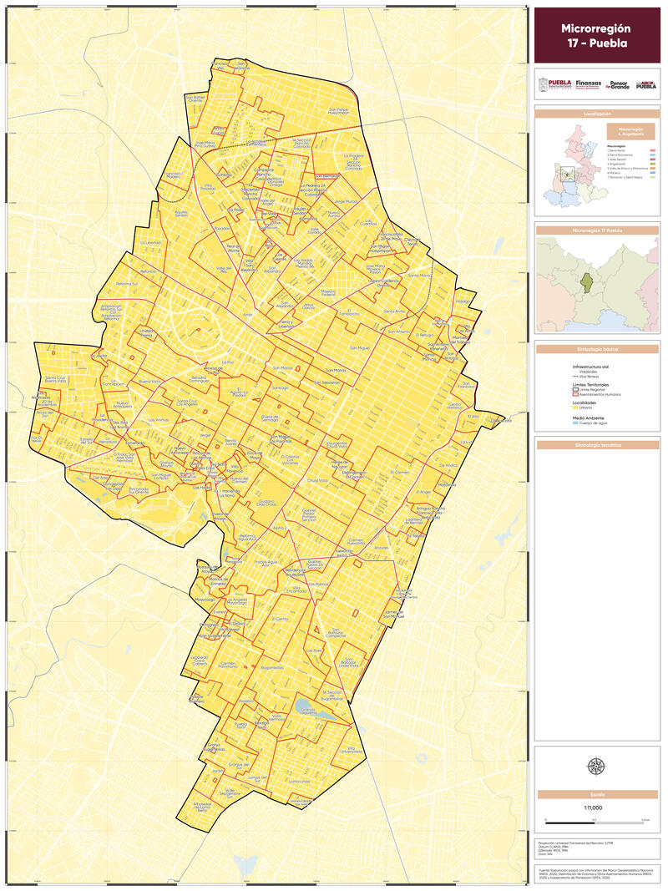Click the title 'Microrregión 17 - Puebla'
click(596, 35)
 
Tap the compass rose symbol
click(596, 765)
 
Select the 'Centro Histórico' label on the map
click(455, 407)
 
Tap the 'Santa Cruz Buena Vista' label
click(55, 380)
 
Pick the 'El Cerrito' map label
click(280, 619)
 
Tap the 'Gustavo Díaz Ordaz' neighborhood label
click(266, 504)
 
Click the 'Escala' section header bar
click(596, 794)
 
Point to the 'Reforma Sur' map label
click(127, 284)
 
